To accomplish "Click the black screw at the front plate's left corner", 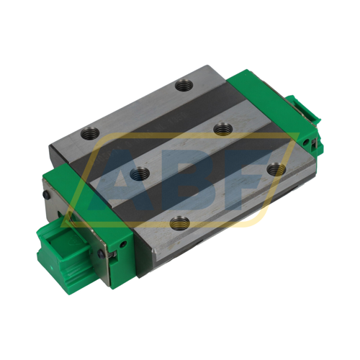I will pos(47,193).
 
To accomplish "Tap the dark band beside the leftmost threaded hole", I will pos(115,144).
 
